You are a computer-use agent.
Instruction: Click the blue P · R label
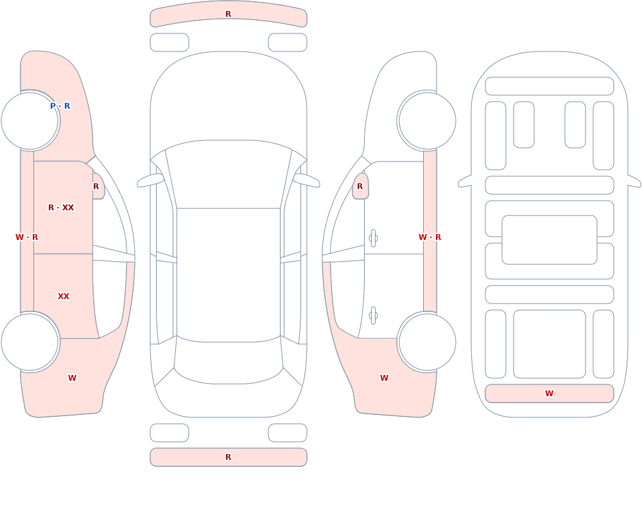point(60,106)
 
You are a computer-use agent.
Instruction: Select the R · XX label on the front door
point(61,208)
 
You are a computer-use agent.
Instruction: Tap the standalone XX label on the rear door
point(64,296)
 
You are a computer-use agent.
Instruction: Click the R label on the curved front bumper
point(229,14)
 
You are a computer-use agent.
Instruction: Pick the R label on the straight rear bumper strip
point(229,457)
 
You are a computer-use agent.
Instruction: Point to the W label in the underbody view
point(549,394)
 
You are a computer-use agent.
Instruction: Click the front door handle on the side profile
point(373,239)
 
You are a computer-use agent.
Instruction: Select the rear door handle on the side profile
point(373,316)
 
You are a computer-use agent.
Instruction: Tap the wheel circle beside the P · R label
point(30,121)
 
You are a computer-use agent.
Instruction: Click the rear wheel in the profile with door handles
point(427,342)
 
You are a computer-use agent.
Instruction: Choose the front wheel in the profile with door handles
point(427,121)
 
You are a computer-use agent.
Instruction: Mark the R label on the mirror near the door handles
point(360,187)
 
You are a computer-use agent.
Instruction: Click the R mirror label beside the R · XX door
point(96,187)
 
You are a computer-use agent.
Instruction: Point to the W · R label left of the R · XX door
point(26,237)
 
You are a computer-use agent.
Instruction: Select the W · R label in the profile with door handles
point(430,237)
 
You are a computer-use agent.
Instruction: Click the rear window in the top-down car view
point(229,361)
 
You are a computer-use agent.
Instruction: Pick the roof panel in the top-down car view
point(229,274)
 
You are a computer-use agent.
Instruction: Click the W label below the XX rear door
point(72,378)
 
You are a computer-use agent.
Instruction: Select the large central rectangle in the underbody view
point(550,240)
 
